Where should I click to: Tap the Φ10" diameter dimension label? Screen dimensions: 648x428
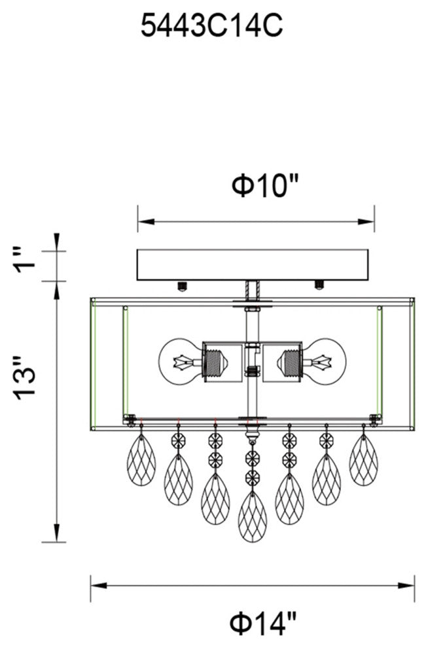click(x=265, y=186)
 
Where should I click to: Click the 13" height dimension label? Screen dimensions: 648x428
click(x=29, y=386)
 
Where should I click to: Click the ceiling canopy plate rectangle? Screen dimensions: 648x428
click(x=256, y=265)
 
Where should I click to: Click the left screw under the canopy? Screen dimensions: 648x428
click(x=183, y=285)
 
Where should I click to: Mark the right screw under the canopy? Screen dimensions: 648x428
click(x=319, y=285)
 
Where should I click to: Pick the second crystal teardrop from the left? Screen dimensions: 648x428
click(x=177, y=478)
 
